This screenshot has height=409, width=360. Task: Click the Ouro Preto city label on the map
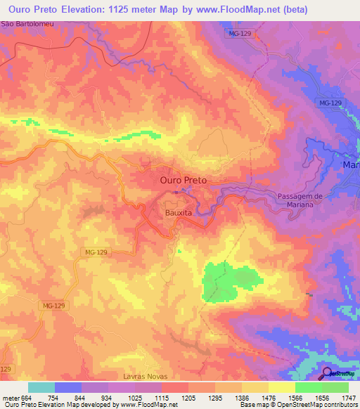[184, 180]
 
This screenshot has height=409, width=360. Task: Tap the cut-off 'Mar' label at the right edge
[350, 164]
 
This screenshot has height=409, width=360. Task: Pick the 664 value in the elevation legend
[25, 397]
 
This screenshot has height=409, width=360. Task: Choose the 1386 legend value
[241, 397]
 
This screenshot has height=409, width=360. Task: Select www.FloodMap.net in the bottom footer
[148, 405]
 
